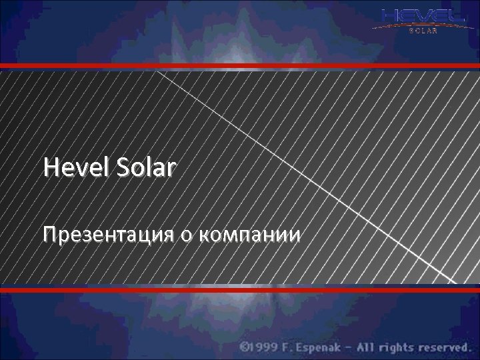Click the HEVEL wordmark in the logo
419,16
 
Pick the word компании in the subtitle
250,235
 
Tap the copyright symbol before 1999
245,347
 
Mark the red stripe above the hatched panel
240,65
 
